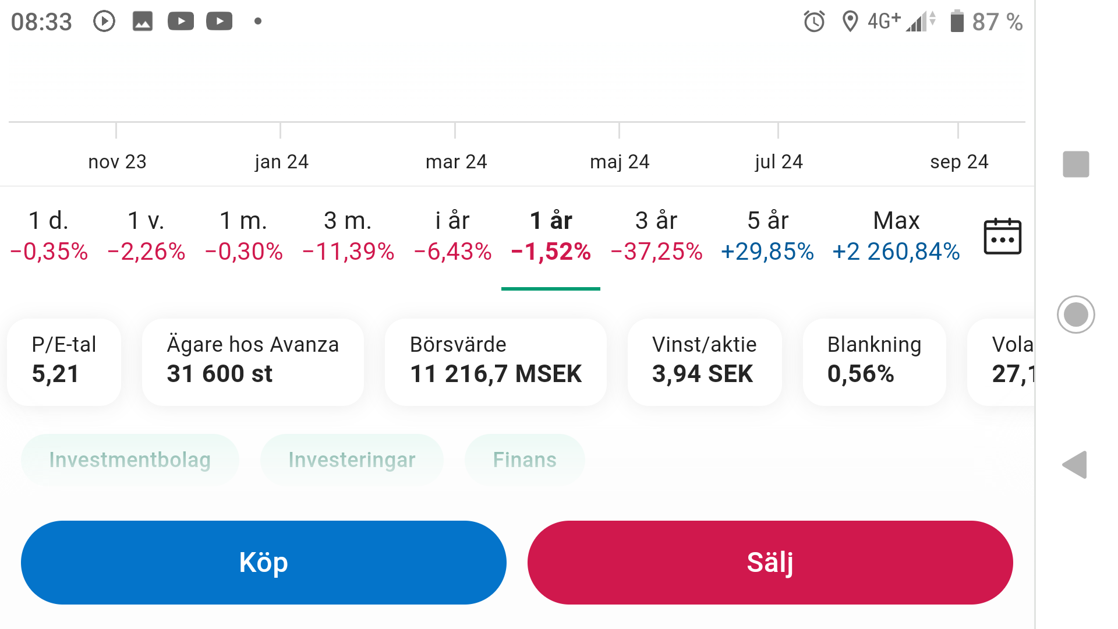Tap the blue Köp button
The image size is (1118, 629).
[263, 563]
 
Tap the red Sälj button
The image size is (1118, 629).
[770, 563]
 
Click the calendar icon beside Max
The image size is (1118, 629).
[1002, 236]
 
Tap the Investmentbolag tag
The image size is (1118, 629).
[130, 460]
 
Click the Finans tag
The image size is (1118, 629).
[525, 460]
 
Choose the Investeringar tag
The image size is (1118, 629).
[352, 460]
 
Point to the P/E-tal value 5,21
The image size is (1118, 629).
[55, 374]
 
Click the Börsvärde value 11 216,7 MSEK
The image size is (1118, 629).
[496, 374]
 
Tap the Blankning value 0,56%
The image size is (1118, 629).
[861, 374]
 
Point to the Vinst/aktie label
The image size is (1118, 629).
[705, 344]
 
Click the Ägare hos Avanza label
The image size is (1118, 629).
[253, 344]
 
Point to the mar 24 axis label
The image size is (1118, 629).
[456, 161]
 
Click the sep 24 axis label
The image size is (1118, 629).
[959, 161]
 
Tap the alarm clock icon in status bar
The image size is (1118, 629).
[814, 22]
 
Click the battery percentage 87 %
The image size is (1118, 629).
[997, 22]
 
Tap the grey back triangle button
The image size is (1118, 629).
[1075, 465]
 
